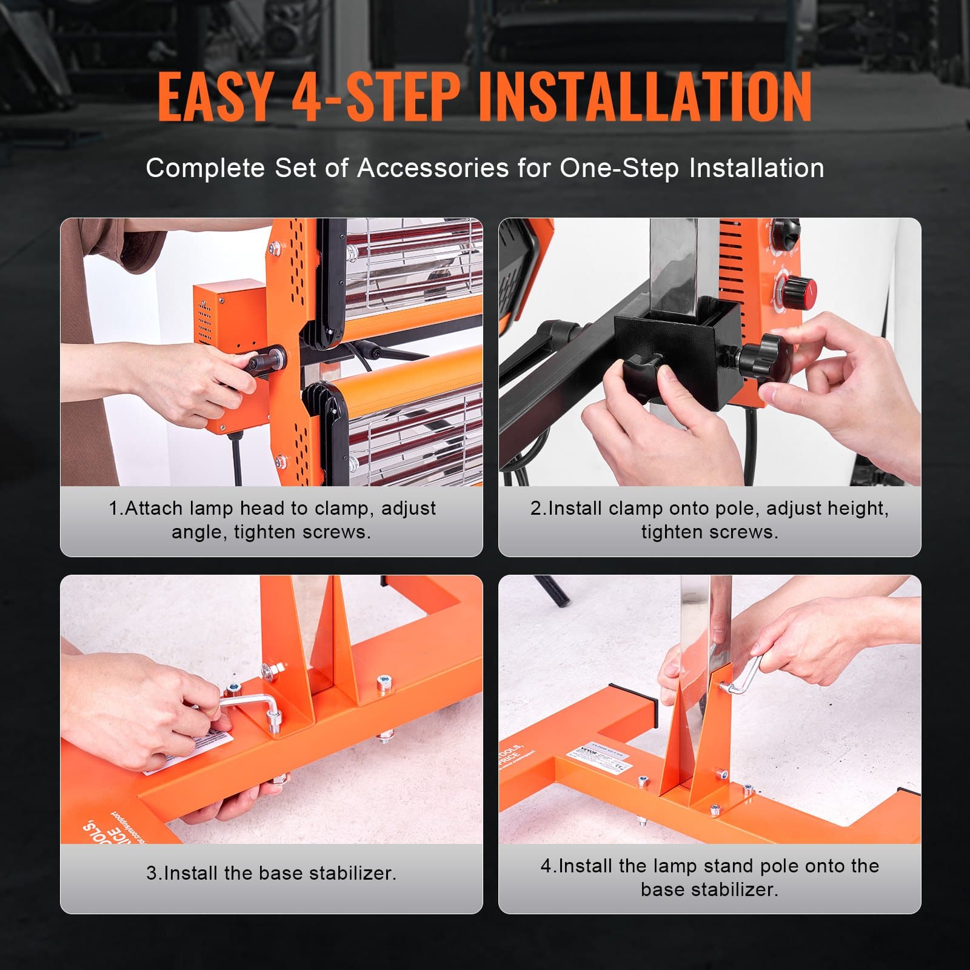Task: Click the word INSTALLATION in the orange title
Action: coord(645,97)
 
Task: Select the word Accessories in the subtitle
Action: coord(433,168)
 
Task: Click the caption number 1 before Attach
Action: coord(115,508)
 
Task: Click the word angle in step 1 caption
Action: coord(198,532)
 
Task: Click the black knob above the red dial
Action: coord(785,233)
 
